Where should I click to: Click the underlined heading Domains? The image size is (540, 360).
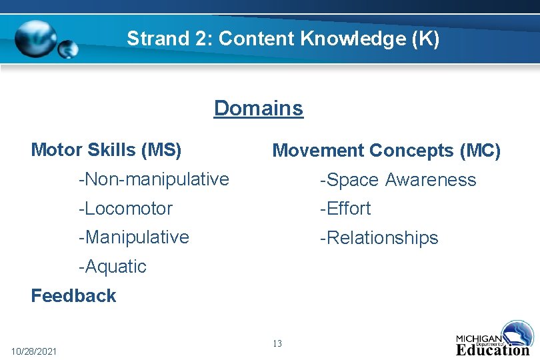click(x=258, y=108)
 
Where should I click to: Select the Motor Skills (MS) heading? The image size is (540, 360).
click(x=106, y=150)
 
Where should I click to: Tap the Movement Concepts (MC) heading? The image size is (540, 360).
click(x=386, y=151)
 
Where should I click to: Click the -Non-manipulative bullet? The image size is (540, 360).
click(x=153, y=179)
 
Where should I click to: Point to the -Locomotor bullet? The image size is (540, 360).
click(x=125, y=208)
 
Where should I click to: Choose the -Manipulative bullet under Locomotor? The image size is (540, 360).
click(x=133, y=237)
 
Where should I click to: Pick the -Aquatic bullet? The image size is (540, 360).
click(x=112, y=266)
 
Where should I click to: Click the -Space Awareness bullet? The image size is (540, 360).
click(x=398, y=179)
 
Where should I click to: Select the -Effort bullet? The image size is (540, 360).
click(x=345, y=208)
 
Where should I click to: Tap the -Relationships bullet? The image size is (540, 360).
click(x=379, y=237)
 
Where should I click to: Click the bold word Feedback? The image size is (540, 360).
click(x=73, y=295)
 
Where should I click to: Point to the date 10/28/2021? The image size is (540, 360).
click(x=34, y=351)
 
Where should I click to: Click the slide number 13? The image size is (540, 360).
click(x=277, y=343)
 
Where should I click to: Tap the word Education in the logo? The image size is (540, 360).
click(x=492, y=349)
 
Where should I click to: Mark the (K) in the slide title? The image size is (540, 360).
click(x=426, y=39)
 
